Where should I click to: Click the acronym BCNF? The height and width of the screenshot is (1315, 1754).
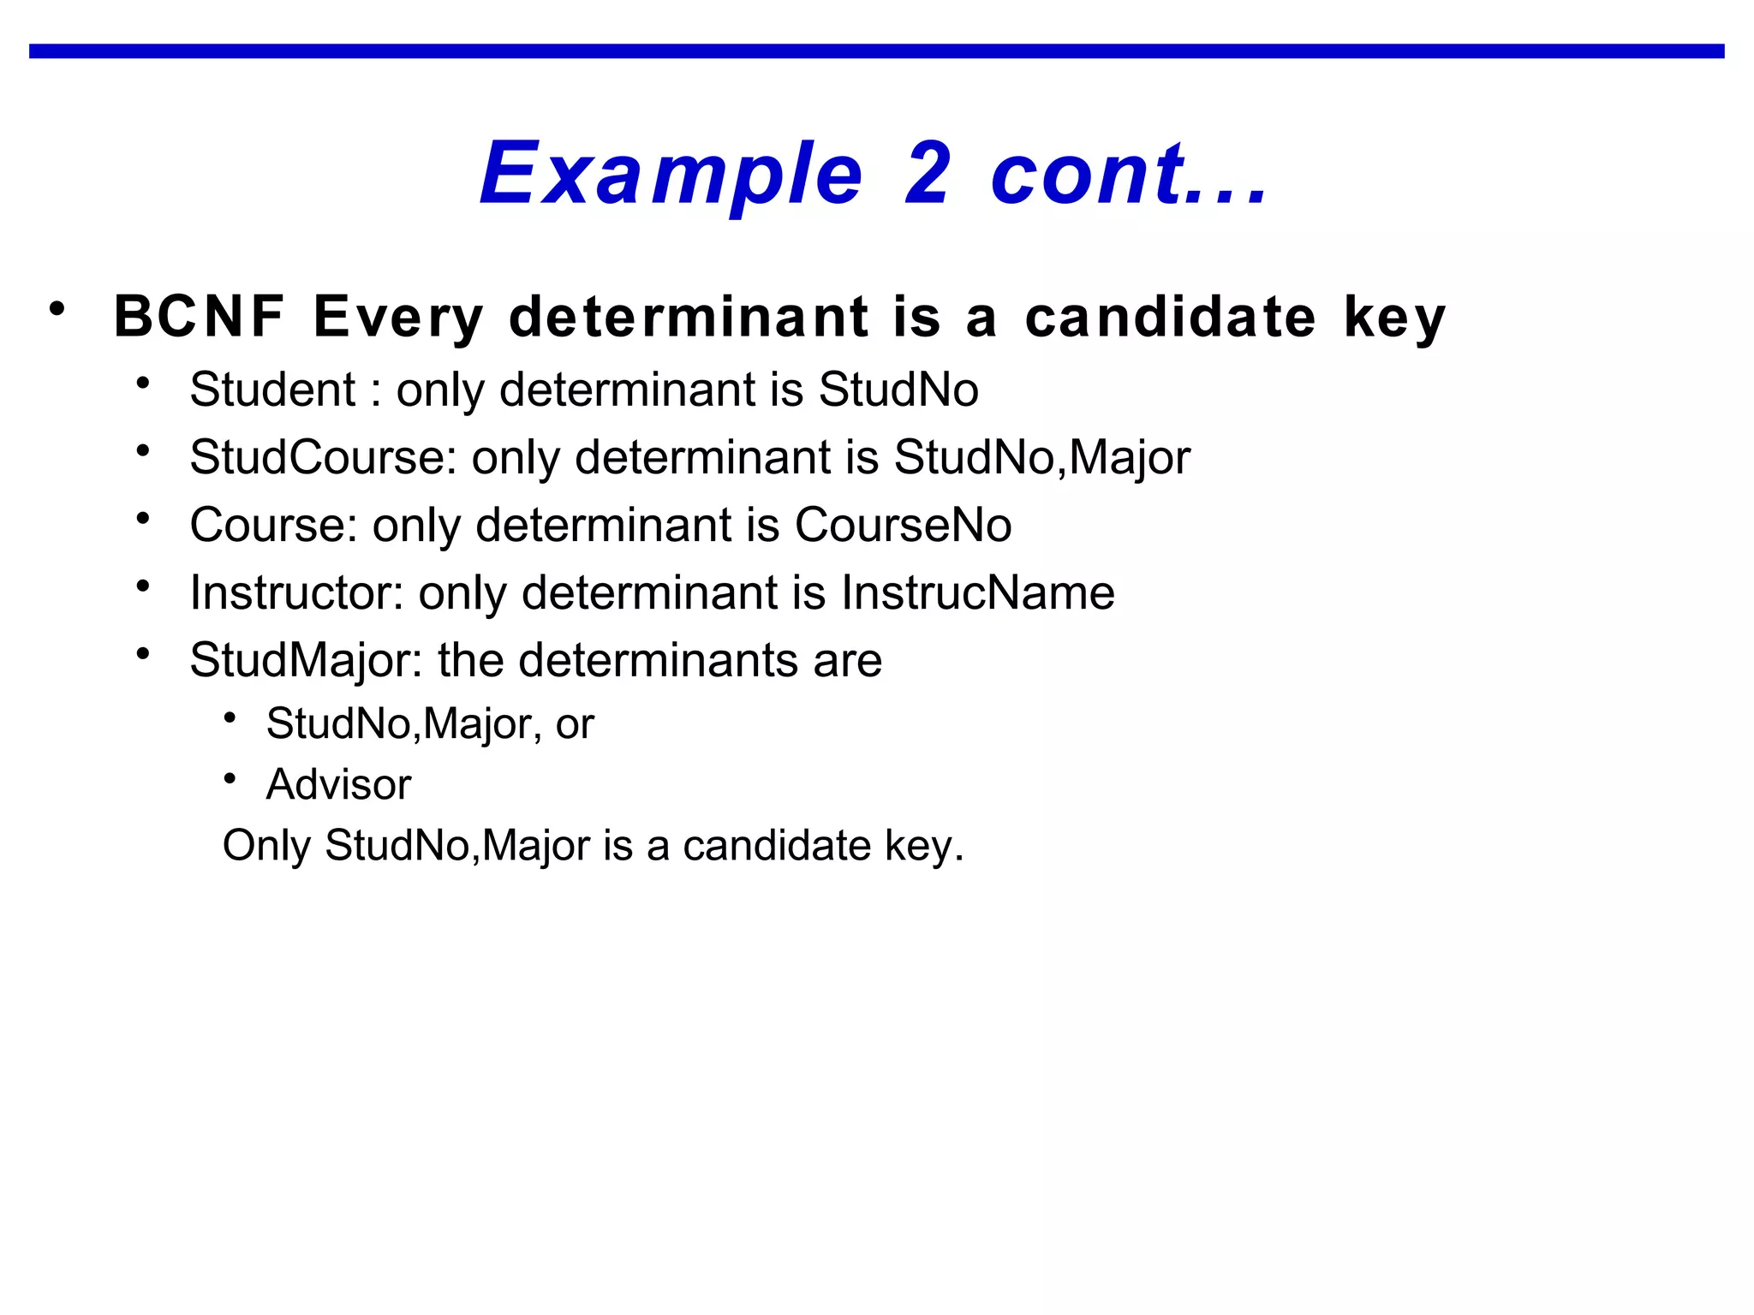(x=199, y=317)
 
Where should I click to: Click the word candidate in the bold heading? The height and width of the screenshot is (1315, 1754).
(x=1170, y=317)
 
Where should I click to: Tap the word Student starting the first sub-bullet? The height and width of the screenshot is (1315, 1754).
(x=272, y=390)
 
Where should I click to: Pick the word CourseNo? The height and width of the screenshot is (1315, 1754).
(x=903, y=525)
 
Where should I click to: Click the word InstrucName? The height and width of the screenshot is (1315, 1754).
(x=977, y=592)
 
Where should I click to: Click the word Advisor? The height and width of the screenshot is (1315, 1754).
(x=338, y=785)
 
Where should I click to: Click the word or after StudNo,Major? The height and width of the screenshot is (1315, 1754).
(x=574, y=724)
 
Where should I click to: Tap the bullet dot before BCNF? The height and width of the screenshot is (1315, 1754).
(x=57, y=308)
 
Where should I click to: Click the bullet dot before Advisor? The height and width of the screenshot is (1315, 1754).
(x=230, y=778)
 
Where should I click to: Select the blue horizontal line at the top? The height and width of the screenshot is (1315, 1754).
(x=877, y=51)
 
